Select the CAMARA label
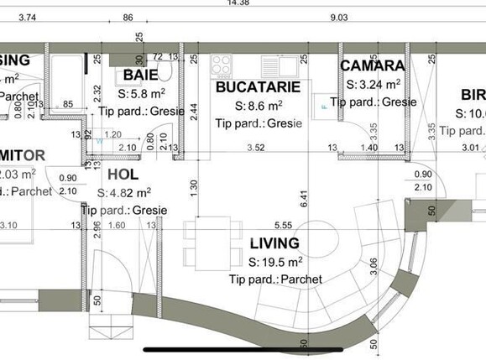pyautogui.click(x=373, y=65)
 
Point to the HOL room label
pyautogui.click(x=125, y=175)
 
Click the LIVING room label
pyautogui.click(x=274, y=243)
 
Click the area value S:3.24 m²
pyautogui.click(x=373, y=85)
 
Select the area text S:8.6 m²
pyautogui.click(x=258, y=106)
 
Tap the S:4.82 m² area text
pyautogui.click(x=131, y=193)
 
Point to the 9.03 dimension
pyautogui.click(x=339, y=17)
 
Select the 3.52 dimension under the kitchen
pyautogui.click(x=254, y=148)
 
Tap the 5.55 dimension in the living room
pyautogui.click(x=282, y=225)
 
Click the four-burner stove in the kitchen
pyautogui.click(x=222, y=65)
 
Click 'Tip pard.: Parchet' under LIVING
pyautogui.click(x=274, y=279)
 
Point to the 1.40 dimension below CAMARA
pyautogui.click(x=368, y=148)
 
